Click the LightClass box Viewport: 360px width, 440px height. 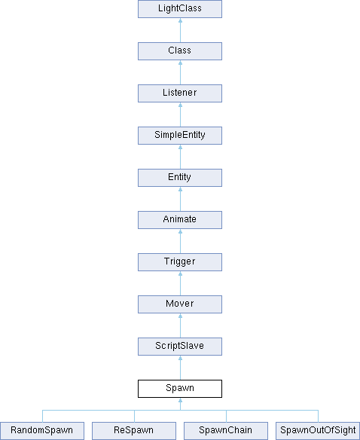click(180, 9)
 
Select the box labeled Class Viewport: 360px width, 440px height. click(180, 51)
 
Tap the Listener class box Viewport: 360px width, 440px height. click(180, 93)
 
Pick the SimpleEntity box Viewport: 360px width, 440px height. click(180, 136)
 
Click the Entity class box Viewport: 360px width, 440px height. click(180, 178)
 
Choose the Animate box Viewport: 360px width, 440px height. click(180, 220)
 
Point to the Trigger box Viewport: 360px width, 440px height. click(180, 262)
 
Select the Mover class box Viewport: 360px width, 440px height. click(180, 304)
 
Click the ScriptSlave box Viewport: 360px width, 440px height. click(180, 347)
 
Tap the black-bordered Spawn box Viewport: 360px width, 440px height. click(180, 389)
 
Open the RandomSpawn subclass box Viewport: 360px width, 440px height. click(42, 431)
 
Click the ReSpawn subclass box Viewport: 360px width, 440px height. click(134, 431)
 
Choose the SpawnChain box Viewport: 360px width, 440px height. click(226, 431)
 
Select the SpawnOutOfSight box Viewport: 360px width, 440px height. click(318, 431)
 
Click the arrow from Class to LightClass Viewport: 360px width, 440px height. click(180, 30)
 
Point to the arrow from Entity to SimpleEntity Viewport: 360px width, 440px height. click(180, 157)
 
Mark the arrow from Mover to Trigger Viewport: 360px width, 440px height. click(180, 283)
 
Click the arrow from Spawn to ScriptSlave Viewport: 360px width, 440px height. click(180, 368)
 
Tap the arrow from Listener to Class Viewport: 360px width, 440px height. click(180, 72)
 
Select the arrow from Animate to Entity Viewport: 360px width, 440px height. click(180, 199)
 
